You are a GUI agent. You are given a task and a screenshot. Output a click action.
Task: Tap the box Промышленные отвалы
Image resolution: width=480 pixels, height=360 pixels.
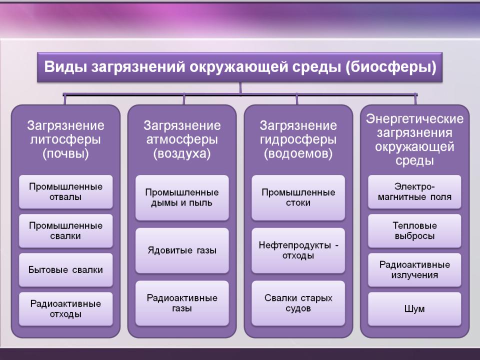coord(66,192)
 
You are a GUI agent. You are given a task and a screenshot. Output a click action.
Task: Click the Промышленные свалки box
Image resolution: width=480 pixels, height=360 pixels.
coord(66,231)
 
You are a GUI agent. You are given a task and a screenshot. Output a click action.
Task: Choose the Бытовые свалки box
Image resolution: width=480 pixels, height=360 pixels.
coord(66,270)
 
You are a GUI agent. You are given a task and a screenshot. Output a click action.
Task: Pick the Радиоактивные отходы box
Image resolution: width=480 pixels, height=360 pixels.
coord(66,309)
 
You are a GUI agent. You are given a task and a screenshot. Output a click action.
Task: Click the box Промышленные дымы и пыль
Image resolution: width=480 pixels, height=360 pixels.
coord(182,198)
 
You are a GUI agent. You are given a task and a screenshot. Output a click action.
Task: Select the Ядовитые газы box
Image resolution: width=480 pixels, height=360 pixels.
coord(182,250)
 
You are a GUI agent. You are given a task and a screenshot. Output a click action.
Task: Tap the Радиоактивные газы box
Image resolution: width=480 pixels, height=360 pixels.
coord(182,303)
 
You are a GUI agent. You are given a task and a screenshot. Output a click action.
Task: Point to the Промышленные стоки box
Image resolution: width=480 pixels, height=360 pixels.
coord(298,198)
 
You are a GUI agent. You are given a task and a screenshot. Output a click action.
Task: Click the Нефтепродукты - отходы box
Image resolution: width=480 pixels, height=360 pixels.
coord(298,250)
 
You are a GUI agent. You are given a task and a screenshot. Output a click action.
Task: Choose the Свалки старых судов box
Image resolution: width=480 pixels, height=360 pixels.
coord(298,303)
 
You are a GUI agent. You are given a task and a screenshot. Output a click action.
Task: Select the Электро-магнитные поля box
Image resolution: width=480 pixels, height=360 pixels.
coord(414,192)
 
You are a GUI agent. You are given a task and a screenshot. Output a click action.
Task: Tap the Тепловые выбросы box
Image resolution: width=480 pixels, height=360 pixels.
coord(414,231)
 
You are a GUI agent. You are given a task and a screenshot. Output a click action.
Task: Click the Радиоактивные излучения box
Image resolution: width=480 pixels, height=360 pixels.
coord(414,270)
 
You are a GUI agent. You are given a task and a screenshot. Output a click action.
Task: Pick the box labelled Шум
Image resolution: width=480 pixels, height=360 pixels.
coord(414,309)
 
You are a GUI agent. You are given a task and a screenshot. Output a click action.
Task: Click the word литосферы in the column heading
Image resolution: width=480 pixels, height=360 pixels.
coord(65,140)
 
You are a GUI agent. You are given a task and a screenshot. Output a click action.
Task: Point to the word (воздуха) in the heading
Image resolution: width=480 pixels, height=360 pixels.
coord(182,153)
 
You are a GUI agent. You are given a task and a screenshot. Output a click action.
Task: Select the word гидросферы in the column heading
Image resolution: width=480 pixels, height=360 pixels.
coord(298,140)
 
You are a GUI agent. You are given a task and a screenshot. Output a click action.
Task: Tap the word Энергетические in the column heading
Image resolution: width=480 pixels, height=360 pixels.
coord(414,119)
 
